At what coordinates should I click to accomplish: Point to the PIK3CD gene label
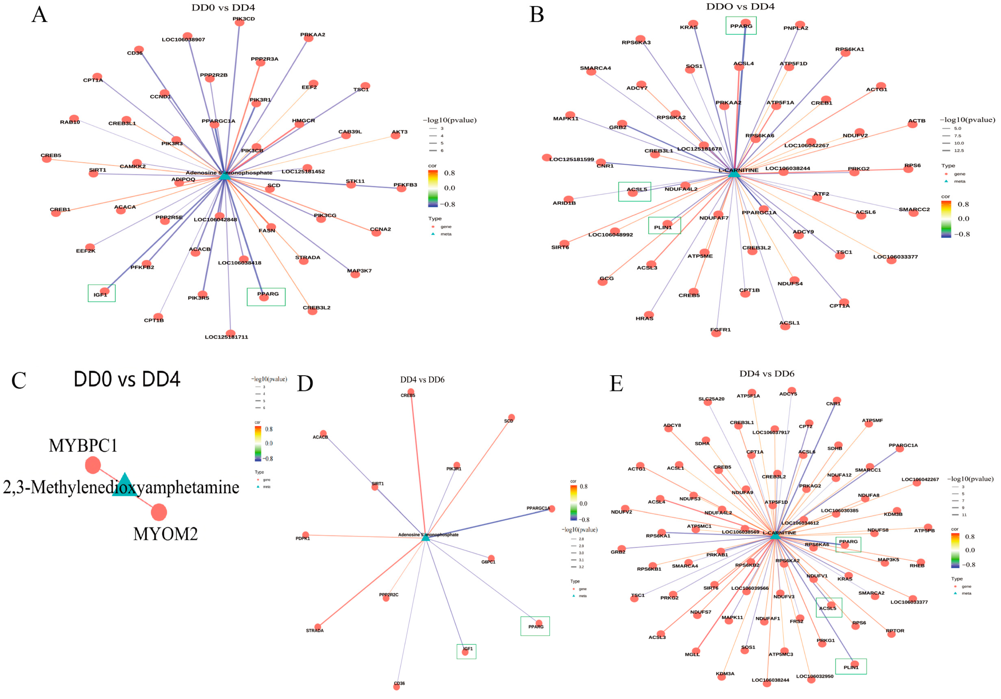(243, 19)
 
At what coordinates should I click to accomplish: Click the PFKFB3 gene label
(405, 185)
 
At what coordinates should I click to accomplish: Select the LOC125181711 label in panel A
(226, 337)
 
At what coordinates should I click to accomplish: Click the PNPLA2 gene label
(796, 28)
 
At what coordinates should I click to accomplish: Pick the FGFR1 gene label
(720, 329)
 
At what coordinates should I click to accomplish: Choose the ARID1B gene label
(564, 203)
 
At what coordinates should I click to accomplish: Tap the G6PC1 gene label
(488, 562)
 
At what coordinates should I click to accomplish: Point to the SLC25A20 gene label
(711, 399)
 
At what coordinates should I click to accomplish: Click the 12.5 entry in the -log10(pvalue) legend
(959, 150)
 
